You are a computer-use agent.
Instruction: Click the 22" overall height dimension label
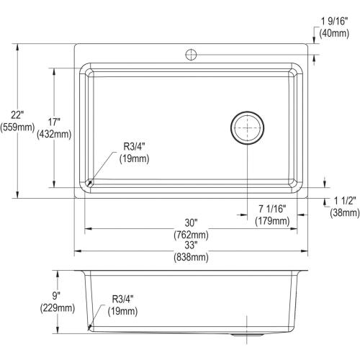pos(16,114)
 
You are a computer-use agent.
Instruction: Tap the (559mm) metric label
pos(17,127)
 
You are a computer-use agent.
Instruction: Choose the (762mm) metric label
pos(190,234)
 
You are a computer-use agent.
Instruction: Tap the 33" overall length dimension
pos(190,246)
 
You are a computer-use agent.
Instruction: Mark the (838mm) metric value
pos(190,258)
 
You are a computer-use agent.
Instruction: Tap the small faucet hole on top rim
pos(192,53)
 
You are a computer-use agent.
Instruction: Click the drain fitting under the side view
pos(247,336)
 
